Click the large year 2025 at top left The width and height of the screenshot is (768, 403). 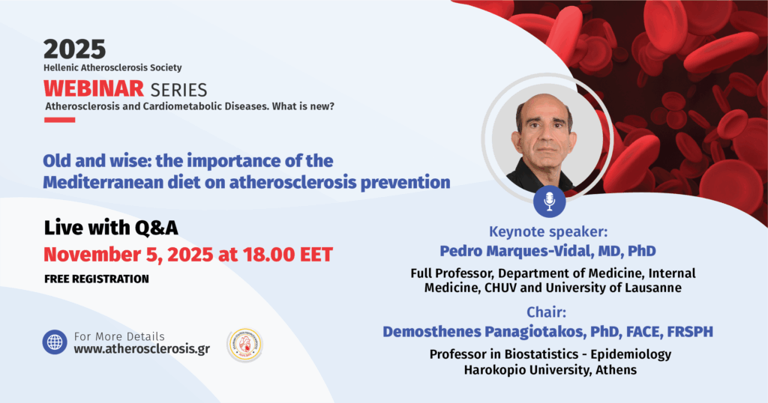click(74, 49)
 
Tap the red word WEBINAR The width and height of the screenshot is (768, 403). click(94, 89)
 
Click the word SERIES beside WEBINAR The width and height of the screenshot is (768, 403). click(178, 90)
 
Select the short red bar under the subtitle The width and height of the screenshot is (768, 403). click(60, 120)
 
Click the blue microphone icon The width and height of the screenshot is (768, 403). click(550, 201)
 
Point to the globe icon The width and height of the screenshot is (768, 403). click(55, 342)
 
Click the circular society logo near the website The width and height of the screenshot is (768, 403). click(245, 345)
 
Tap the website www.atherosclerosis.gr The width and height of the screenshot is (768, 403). click(142, 349)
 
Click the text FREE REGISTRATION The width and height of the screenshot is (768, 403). click(97, 279)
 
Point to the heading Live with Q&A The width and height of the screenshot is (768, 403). click(111, 228)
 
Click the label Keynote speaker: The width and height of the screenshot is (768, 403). click(548, 231)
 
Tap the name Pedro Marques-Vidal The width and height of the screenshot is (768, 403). click(516, 251)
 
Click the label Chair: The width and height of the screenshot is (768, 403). click(546, 312)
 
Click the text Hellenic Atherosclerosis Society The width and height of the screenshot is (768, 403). click(112, 68)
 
